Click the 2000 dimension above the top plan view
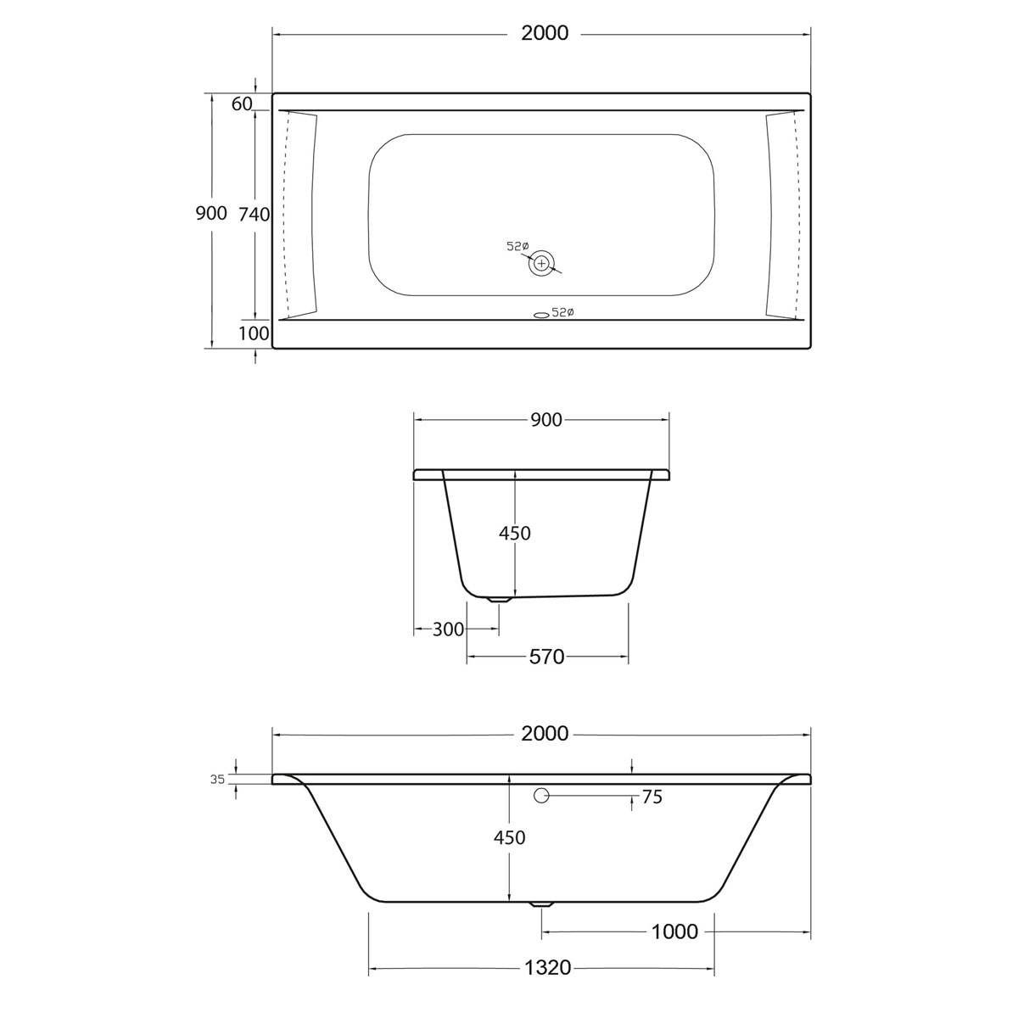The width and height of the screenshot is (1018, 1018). point(545,34)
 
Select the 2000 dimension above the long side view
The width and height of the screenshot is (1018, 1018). point(545,735)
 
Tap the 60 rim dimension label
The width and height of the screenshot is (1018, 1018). point(242,103)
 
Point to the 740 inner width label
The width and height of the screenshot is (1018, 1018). point(254,215)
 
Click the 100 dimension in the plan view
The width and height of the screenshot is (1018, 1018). point(253,333)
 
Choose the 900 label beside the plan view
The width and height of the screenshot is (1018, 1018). point(211,214)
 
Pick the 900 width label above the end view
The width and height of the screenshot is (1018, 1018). point(545,420)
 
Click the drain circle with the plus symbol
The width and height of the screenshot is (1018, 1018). point(540,264)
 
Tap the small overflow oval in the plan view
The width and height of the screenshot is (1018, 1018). point(540,314)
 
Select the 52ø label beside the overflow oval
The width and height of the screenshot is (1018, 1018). point(563,313)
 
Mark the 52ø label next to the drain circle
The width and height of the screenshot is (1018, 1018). point(517,246)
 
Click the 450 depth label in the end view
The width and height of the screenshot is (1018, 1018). point(514,534)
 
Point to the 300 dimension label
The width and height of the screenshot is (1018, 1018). point(448,629)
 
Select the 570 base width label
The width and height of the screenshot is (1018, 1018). point(546,657)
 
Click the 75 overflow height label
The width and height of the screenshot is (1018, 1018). point(652,797)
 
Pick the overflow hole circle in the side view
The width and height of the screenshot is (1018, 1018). point(541,796)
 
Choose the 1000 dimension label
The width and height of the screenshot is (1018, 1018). point(674,932)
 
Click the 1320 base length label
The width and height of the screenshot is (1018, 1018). point(547,968)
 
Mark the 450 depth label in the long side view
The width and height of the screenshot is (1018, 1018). point(509,838)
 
